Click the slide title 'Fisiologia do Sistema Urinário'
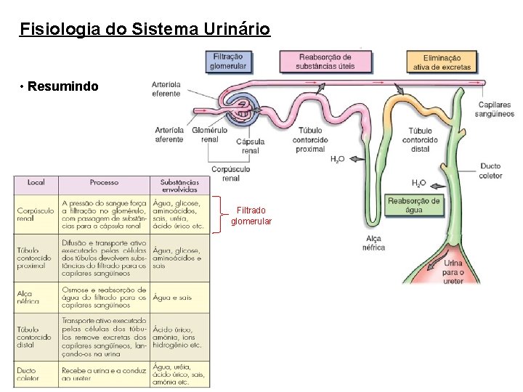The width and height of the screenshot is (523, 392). click(145, 30)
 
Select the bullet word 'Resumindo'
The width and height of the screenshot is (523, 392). click(63, 86)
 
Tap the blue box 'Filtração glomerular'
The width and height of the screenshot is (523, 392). click(230, 61)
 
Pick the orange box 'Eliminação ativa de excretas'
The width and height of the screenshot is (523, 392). click(442, 62)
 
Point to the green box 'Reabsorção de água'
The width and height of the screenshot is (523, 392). click(414, 205)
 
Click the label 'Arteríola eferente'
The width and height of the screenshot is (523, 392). click(166, 89)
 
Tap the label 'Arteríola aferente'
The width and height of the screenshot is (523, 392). click(169, 134)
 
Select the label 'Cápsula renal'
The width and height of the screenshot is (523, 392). click(250, 146)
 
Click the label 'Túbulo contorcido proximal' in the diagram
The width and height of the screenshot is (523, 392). click(312, 139)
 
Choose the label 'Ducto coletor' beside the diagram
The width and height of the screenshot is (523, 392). click(490, 171)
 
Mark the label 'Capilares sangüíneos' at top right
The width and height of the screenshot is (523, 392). click(494, 109)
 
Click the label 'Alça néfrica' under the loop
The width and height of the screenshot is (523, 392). click(374, 242)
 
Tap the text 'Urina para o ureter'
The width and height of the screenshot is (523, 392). click(453, 272)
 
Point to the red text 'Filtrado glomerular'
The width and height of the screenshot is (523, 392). click(251, 216)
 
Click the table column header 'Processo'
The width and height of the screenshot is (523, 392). click(104, 183)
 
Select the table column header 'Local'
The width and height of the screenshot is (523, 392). click(36, 183)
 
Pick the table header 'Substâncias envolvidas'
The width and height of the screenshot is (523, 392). click(179, 186)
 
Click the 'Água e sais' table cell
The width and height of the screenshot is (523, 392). click(172, 298)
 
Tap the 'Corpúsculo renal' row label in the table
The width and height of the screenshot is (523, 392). click(35, 214)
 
